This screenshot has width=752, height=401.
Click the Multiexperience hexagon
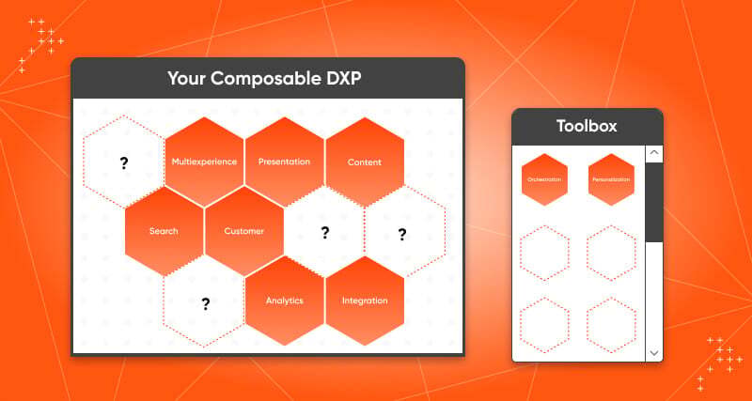coord(204,162)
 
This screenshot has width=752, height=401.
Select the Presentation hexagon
coord(284,162)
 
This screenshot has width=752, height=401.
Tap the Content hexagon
coord(365,162)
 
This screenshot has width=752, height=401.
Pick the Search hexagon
coord(164,231)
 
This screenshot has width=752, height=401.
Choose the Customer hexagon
coord(244,231)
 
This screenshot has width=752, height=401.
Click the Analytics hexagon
coord(284,301)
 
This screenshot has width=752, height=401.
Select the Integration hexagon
coord(365,301)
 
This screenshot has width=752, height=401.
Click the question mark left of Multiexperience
coord(123,163)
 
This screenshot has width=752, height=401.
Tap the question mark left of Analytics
coord(205,303)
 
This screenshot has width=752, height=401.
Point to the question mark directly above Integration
coord(402,234)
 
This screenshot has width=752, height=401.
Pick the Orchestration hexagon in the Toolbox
coord(544,179)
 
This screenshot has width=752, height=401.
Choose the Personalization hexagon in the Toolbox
coord(611,179)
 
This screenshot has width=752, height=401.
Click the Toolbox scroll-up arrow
coord(654,153)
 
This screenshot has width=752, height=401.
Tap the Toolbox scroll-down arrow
coord(654,352)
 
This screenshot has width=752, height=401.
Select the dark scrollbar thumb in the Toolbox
coord(654,202)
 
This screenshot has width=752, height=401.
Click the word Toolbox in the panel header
coord(587,125)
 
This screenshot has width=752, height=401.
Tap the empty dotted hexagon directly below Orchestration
coord(544,253)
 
